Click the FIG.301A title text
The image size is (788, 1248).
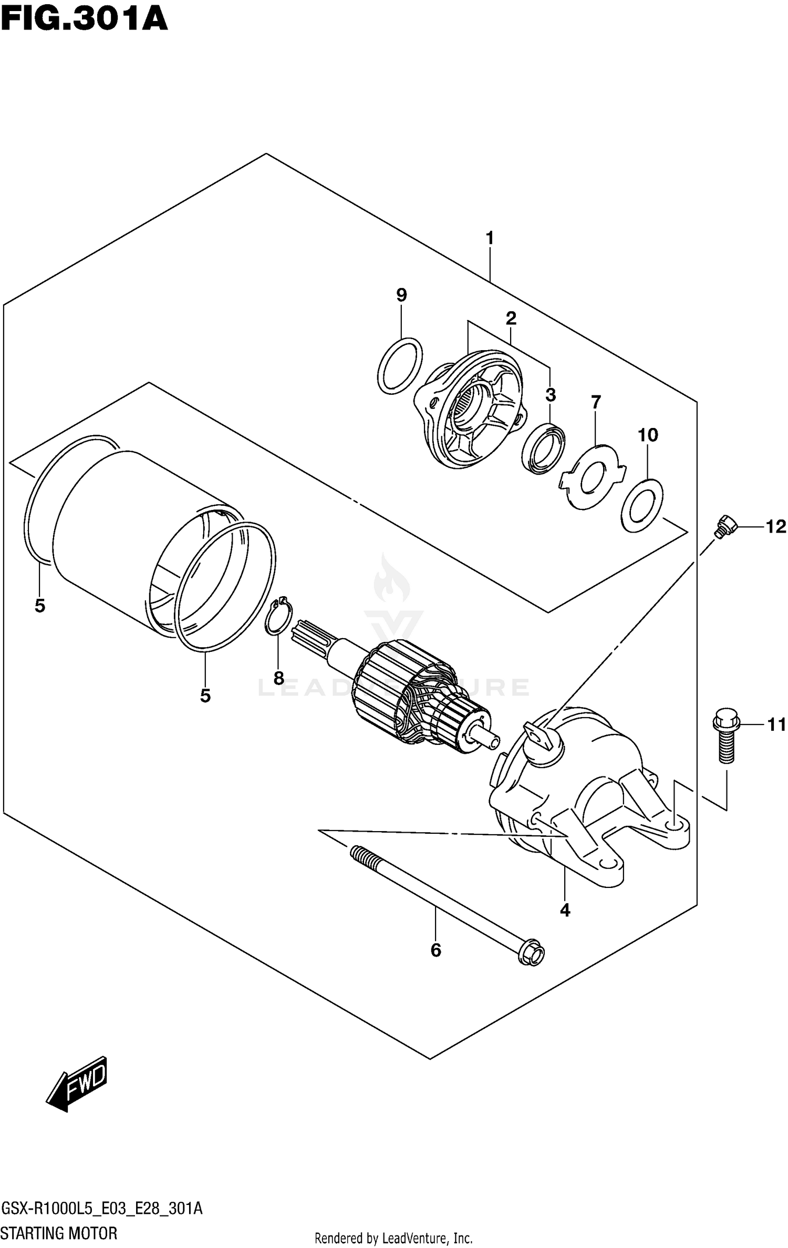[84, 20]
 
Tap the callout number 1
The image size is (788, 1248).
[490, 238]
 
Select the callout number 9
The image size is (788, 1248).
[401, 295]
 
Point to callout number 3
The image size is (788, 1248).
[550, 394]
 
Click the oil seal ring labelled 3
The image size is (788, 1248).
[544, 450]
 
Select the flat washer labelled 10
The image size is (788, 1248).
[641, 505]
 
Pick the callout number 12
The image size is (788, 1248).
[775, 526]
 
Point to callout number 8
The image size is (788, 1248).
[278, 678]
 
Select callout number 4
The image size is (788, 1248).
[565, 910]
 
